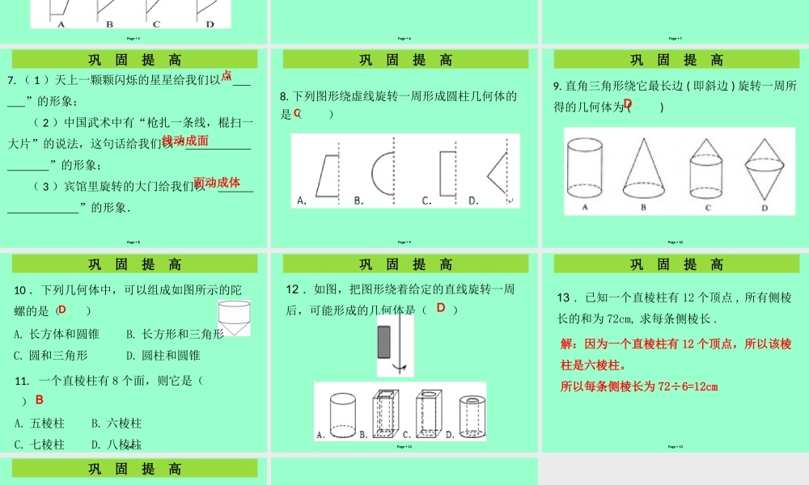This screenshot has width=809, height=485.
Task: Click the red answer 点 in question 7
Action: (227, 76)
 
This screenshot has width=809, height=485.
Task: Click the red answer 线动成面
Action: (185, 141)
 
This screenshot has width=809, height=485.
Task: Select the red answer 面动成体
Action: (217, 183)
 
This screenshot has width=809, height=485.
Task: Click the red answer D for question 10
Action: (62, 310)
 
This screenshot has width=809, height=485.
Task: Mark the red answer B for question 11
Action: (39, 399)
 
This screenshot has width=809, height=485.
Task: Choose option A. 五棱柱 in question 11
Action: (39, 423)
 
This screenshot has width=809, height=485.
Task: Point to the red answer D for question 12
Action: (441, 307)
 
